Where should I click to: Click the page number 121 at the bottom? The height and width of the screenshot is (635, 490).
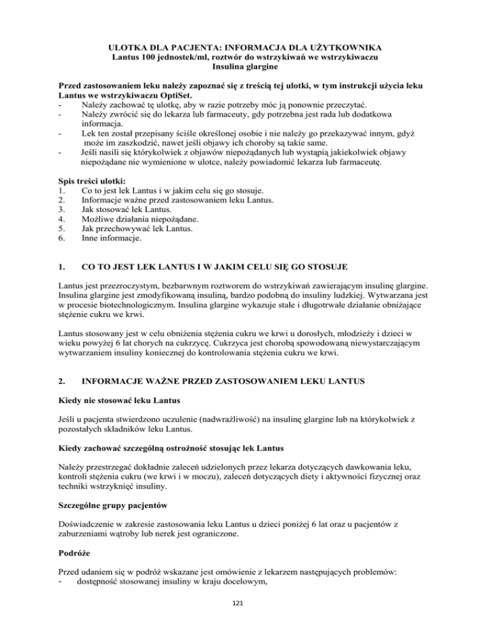[x=245, y=619]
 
